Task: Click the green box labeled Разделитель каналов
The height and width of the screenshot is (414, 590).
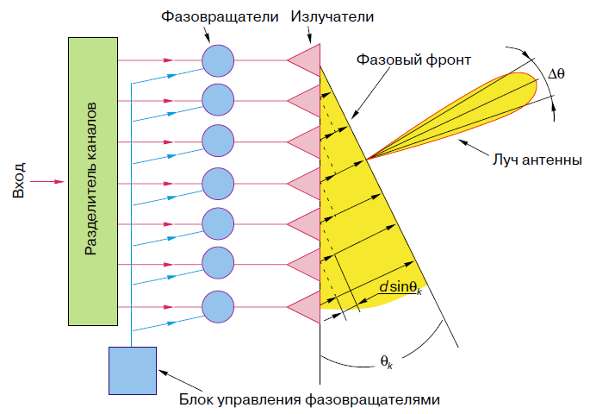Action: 93,181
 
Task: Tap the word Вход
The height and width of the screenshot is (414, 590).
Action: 18,180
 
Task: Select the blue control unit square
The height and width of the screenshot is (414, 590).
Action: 133,371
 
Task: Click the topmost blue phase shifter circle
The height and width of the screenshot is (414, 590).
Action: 218,60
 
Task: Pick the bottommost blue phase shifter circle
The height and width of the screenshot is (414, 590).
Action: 218,307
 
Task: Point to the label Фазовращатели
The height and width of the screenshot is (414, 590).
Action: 220,17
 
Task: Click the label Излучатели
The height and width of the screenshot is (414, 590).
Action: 332,16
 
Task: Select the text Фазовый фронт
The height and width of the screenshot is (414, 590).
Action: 413,60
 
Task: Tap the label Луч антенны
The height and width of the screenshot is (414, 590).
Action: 537,160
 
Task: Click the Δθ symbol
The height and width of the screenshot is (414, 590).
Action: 556,73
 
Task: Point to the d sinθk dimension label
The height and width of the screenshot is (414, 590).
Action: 401,287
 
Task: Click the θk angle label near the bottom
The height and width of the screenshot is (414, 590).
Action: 387,361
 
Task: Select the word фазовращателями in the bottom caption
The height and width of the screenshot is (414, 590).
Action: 372,399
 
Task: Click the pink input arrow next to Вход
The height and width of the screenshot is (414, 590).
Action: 47,182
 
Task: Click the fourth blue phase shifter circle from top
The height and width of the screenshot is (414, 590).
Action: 218,184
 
